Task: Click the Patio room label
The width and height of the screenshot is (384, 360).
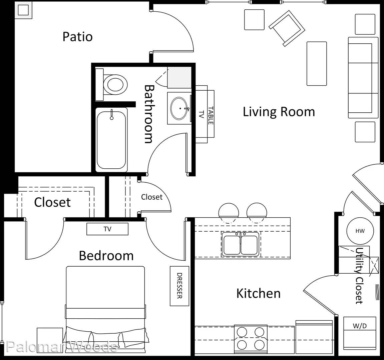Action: coord(78,37)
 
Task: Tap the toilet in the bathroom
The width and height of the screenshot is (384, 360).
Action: coord(112,84)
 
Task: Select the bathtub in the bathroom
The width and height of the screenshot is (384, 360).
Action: coord(111,140)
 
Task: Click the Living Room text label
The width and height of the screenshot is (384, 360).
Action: coord(279,112)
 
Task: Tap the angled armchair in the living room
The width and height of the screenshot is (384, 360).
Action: coord(287,28)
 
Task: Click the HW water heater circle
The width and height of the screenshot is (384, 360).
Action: coord(360,231)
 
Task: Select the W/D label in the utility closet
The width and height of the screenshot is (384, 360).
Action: coord(360,326)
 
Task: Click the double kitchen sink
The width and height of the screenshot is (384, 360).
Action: coord(241,244)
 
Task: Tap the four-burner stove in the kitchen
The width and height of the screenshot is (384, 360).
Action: coord(251,339)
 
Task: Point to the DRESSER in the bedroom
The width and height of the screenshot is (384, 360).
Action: coord(179,286)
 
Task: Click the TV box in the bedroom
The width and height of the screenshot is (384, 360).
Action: coord(107,229)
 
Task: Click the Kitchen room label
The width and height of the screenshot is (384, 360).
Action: coord(258,293)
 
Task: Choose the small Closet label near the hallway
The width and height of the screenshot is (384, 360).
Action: coord(151,197)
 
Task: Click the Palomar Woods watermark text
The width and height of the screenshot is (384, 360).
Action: coord(62,347)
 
